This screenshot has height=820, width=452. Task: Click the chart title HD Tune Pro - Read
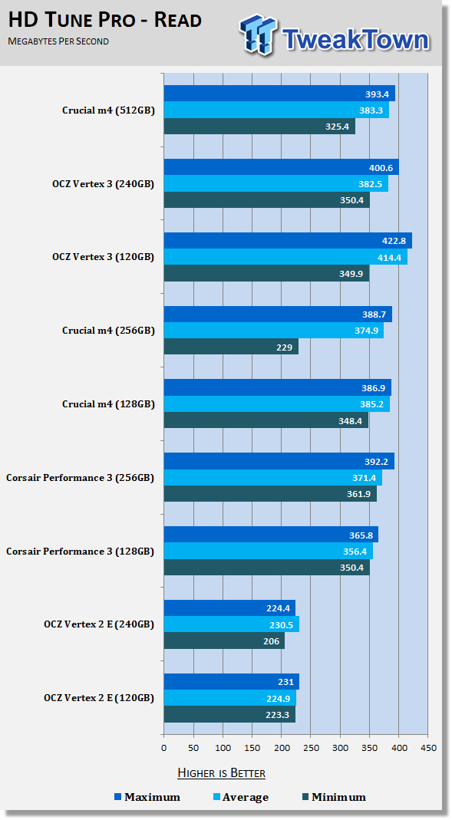104,21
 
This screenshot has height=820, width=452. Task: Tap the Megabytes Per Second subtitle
58,41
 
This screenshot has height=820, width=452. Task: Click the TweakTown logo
335,35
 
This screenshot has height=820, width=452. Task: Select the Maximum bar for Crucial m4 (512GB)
279,94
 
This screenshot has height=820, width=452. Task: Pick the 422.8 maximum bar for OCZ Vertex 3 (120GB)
288,241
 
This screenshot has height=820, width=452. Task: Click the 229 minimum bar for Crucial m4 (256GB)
231,347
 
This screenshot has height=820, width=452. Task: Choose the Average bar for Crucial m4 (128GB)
277,404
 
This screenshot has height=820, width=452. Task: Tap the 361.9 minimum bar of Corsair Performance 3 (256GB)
270,494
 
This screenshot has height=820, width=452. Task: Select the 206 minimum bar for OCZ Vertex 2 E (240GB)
224,641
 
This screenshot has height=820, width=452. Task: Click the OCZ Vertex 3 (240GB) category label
103,184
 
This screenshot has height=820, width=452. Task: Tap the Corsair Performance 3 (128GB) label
80,552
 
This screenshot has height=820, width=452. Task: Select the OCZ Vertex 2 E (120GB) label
99,698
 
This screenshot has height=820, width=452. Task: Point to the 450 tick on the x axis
428,748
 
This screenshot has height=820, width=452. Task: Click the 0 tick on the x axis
163,748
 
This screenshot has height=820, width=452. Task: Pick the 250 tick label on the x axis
311,748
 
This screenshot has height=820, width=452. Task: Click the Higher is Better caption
221,773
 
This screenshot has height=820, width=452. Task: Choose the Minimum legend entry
335,798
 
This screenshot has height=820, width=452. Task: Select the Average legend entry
241,798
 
